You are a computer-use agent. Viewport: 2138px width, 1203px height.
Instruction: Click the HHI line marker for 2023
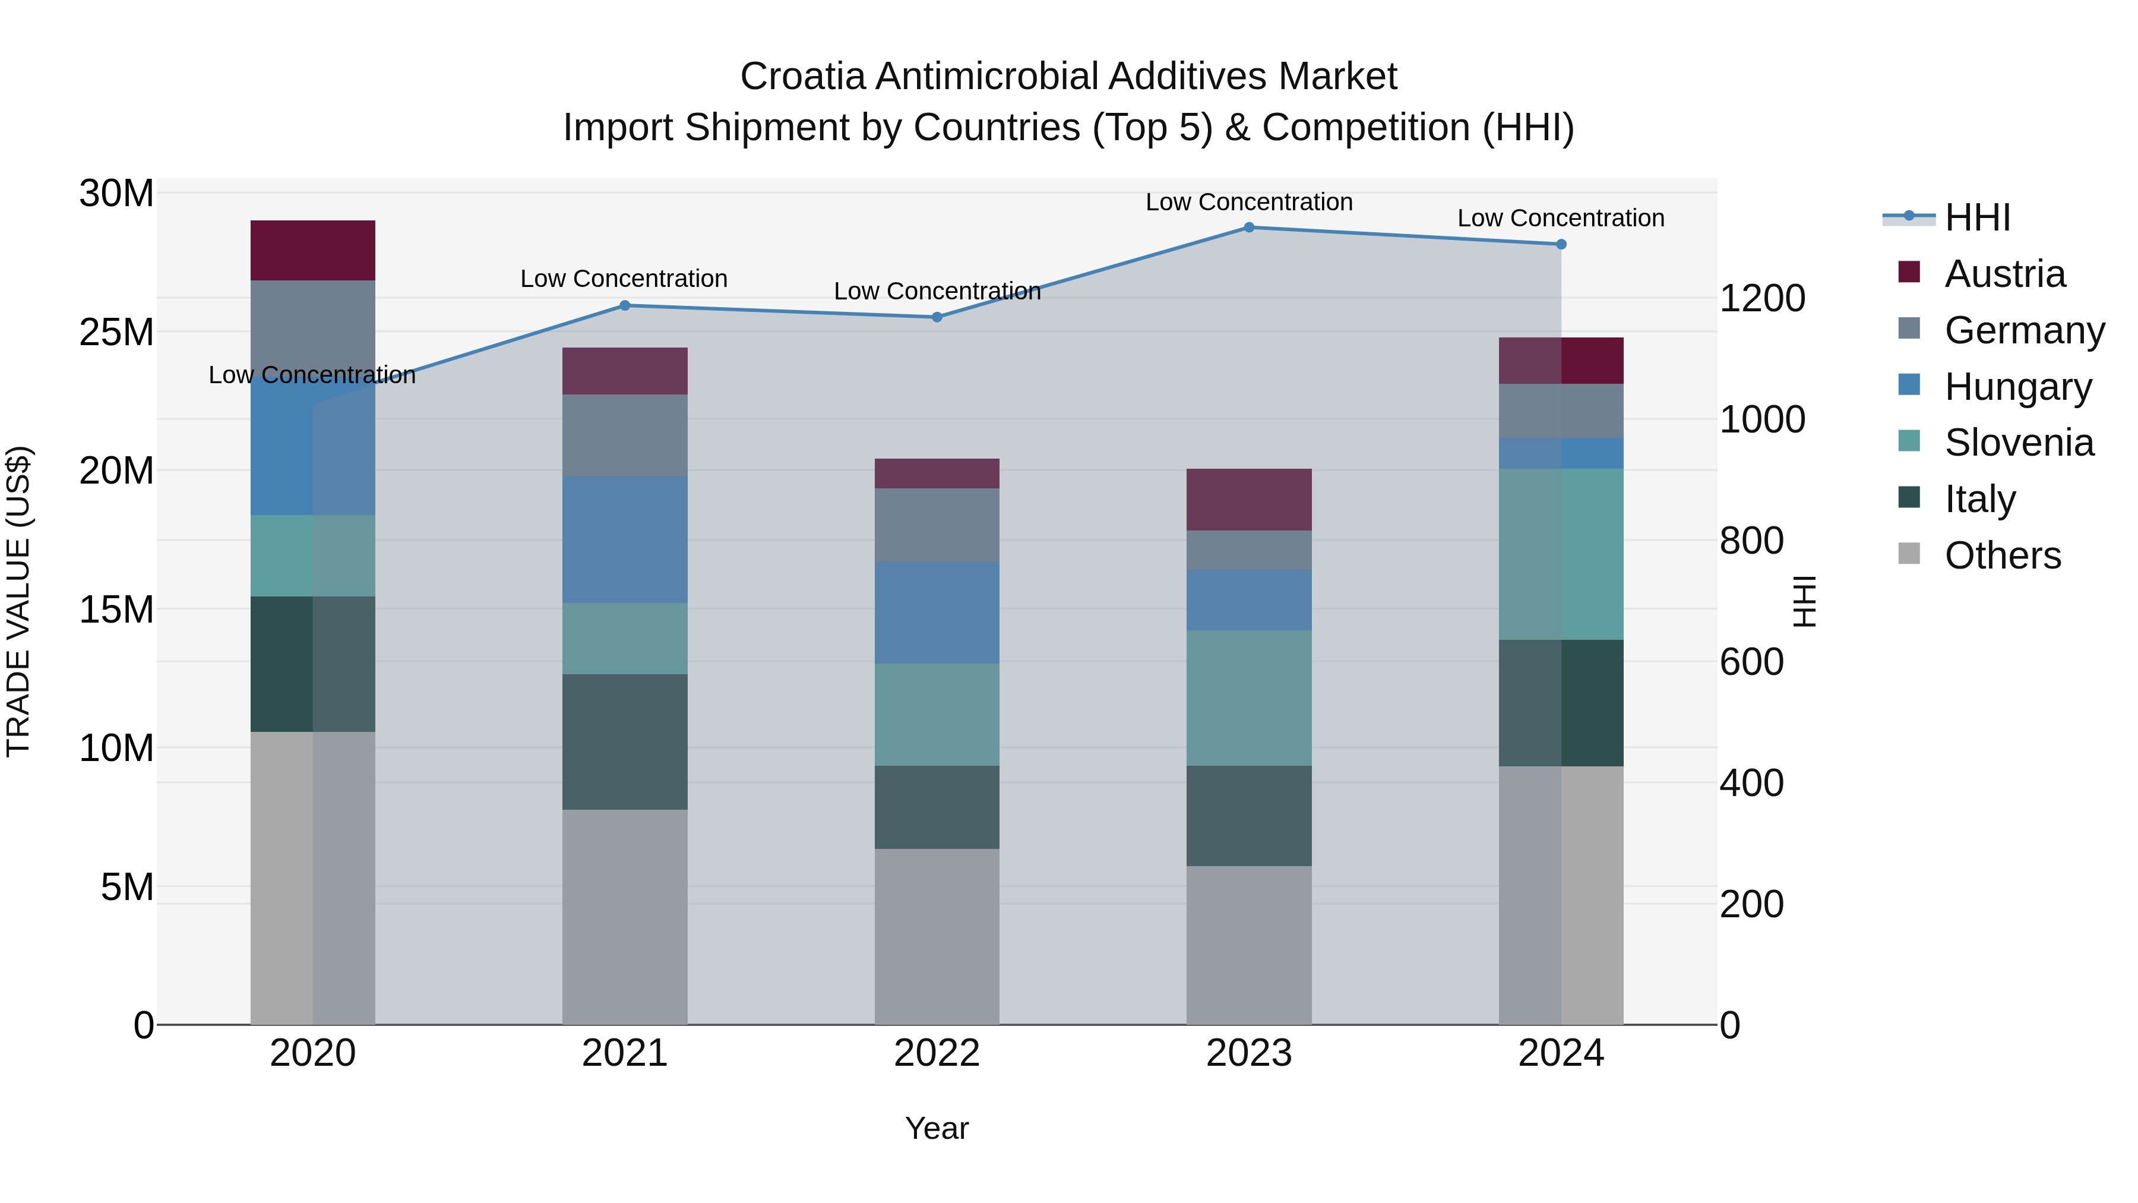(1248, 228)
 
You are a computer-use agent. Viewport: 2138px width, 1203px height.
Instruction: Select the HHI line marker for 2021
(625, 305)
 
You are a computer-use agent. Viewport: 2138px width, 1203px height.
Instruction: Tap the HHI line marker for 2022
(937, 317)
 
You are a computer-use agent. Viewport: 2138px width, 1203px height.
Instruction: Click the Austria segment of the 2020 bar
(313, 250)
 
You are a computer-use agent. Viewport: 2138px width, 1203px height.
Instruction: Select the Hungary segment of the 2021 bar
(625, 539)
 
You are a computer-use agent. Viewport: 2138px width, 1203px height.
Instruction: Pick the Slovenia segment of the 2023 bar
(1248, 697)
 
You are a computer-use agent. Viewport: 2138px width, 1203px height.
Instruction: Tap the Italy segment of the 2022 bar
(937, 806)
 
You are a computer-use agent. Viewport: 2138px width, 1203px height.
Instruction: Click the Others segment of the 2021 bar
(625, 917)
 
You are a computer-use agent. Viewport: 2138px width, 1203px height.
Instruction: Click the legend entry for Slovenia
(2019, 443)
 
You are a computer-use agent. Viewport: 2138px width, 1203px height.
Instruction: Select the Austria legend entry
(2004, 274)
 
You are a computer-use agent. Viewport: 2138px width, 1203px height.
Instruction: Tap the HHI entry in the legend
(1976, 217)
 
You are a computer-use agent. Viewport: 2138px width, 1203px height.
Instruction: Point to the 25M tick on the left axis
(116, 332)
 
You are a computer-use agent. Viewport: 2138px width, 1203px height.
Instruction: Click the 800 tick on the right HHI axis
(1751, 541)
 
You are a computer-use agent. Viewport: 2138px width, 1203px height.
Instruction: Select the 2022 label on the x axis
(937, 1053)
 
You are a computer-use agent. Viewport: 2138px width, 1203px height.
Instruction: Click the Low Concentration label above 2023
(1248, 202)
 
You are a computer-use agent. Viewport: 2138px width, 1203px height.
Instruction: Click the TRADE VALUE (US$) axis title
(19, 601)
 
